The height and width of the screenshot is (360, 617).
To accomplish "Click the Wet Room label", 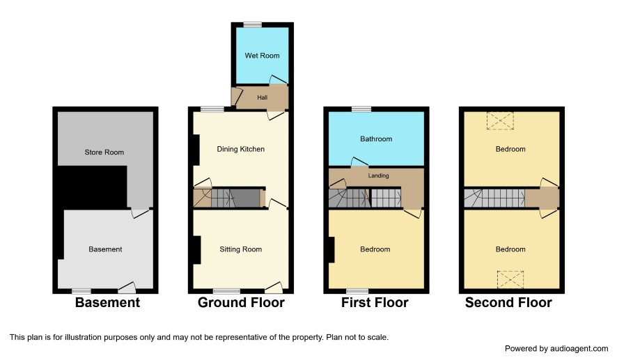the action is [x=262, y=56].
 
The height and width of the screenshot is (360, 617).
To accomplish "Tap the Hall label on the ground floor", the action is [x=262, y=97].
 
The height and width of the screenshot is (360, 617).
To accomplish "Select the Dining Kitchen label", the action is [x=241, y=149].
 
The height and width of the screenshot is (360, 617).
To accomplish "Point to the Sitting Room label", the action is [x=240, y=249].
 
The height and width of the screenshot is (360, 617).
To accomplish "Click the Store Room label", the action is [x=104, y=152].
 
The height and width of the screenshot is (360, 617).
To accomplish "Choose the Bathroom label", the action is [x=376, y=139].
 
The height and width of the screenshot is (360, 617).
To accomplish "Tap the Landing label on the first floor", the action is [x=379, y=175].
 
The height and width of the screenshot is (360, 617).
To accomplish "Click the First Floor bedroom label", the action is [x=375, y=249].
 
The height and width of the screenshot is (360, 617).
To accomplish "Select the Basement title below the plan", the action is [x=107, y=303].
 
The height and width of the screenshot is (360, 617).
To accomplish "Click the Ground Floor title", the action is [x=241, y=303].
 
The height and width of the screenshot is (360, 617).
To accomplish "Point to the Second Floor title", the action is [x=508, y=303].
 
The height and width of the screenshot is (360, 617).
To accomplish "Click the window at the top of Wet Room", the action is [x=253, y=25].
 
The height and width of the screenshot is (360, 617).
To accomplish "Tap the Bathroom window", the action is [x=361, y=109].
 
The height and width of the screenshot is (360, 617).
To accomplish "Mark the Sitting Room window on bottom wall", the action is [x=226, y=291].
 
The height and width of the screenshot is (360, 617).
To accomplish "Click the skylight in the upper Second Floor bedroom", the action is [x=500, y=120].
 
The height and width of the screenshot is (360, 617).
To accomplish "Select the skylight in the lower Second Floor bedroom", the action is [x=510, y=279].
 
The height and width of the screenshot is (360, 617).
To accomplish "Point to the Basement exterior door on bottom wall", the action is [x=127, y=288].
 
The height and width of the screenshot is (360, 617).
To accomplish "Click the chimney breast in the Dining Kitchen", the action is [x=196, y=150].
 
